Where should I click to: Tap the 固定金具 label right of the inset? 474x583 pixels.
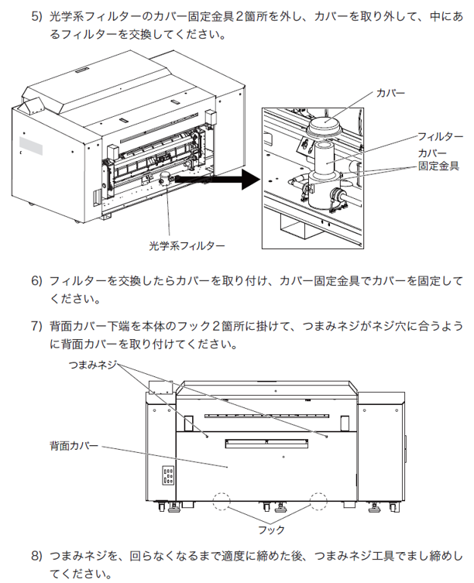click(x=439, y=166)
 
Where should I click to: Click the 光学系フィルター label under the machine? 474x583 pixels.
click(x=187, y=245)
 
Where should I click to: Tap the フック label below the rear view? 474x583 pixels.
click(x=271, y=530)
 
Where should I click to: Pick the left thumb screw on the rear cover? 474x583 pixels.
click(x=206, y=436)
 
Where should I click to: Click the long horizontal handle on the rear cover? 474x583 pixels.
click(x=266, y=443)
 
